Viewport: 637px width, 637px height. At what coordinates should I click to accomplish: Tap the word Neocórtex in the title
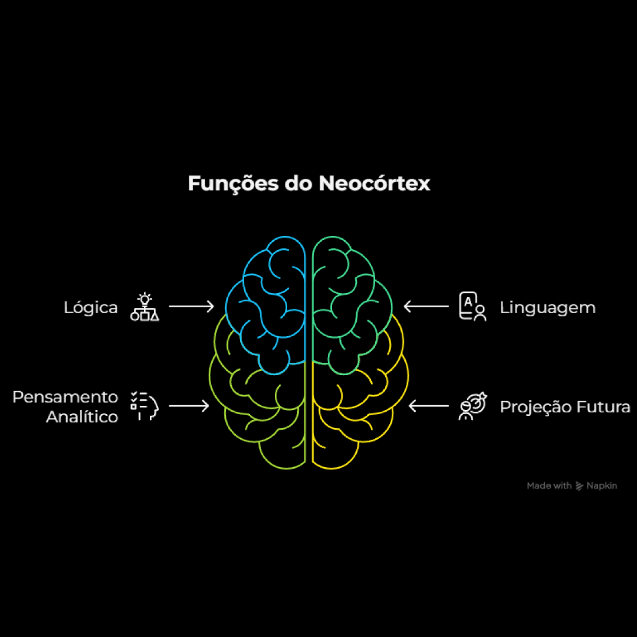pyautogui.click(x=374, y=183)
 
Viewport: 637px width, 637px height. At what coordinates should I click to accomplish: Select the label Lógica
pyautogui.click(x=91, y=308)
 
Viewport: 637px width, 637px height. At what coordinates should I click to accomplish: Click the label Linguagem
pyautogui.click(x=547, y=308)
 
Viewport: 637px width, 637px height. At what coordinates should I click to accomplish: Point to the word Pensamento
pyautogui.click(x=65, y=397)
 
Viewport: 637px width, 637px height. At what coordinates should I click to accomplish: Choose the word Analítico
pyautogui.click(x=82, y=417)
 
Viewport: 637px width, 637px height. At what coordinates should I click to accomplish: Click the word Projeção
pyautogui.click(x=534, y=407)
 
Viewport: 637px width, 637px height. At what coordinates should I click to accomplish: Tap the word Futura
pyautogui.click(x=603, y=407)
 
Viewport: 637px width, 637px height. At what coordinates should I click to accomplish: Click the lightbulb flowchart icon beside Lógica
pyautogui.click(x=145, y=307)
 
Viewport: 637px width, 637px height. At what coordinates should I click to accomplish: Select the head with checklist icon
pyautogui.click(x=145, y=406)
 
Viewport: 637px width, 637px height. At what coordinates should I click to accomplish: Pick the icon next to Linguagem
pyautogui.click(x=472, y=307)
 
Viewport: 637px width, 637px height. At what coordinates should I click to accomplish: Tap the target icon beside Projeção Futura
pyautogui.click(x=472, y=406)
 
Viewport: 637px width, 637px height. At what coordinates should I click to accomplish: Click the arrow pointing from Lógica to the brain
pyautogui.click(x=191, y=306)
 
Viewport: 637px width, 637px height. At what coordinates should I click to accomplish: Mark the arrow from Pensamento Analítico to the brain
pyautogui.click(x=189, y=406)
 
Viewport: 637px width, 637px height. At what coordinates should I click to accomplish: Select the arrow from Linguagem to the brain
pyautogui.click(x=426, y=306)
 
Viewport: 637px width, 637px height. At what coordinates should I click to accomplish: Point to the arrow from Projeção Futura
pyautogui.click(x=429, y=406)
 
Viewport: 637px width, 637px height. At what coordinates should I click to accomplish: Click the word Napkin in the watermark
pyautogui.click(x=602, y=486)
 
